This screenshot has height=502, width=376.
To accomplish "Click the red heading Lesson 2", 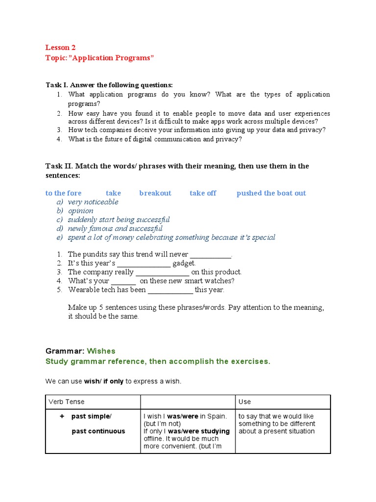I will click(61, 48).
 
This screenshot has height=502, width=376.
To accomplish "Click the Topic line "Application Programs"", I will click(99, 58).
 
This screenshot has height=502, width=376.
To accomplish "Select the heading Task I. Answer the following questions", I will click(109, 85).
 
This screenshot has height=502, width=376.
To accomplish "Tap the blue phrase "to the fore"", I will click(64, 193).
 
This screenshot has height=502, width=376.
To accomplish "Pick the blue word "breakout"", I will click(155, 193).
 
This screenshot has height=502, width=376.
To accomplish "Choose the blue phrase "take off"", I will click(203, 193).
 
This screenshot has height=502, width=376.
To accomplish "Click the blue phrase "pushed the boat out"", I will click(271, 193).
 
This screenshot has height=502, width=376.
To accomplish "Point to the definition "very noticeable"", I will click(93, 202).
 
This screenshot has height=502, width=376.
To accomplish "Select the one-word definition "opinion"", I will click(81, 211).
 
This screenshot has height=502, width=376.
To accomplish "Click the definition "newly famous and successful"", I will click(115, 228).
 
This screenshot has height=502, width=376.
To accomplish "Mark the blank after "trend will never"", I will click(210, 255).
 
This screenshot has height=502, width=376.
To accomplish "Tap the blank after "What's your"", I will click(123, 281).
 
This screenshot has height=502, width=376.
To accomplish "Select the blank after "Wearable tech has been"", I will click(170, 290).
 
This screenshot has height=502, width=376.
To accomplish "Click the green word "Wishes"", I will click(101, 351).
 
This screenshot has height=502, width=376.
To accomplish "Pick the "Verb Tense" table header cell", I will click(67, 402).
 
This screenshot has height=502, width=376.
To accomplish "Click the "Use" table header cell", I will click(244, 402).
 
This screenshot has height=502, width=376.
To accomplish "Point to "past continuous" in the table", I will click(98, 431).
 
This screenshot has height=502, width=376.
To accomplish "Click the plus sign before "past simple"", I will click(62, 416).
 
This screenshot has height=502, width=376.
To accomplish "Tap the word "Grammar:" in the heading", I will click(65, 351).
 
